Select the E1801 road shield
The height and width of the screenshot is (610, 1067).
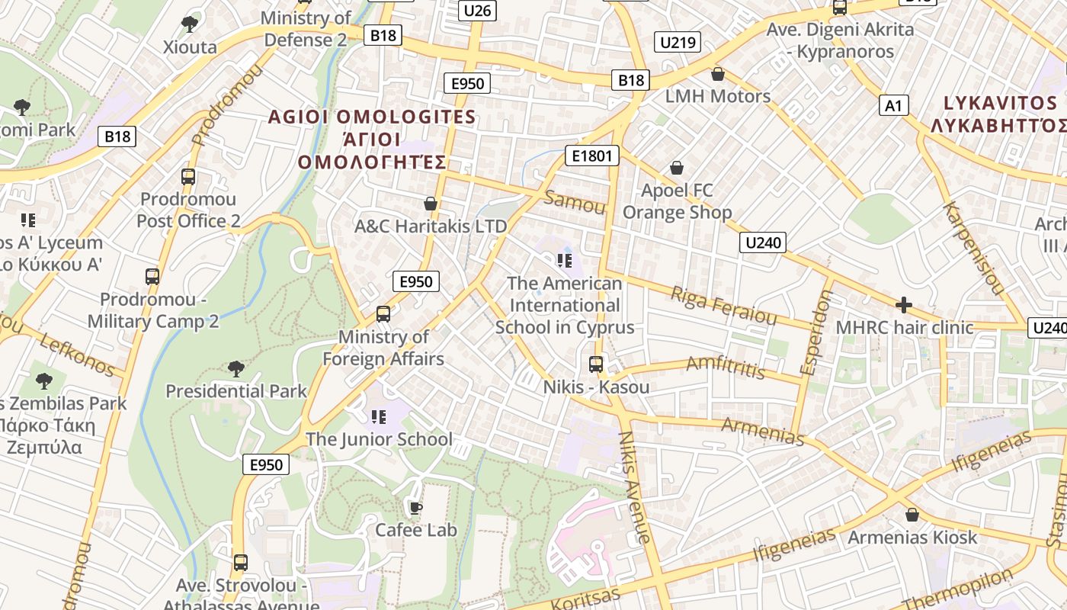click(591, 156)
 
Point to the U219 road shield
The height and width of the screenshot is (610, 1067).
click(678, 42)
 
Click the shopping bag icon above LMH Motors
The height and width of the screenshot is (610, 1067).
click(717, 74)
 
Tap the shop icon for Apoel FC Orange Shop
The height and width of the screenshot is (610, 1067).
click(676, 168)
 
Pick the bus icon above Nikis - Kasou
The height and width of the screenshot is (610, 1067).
click(596, 364)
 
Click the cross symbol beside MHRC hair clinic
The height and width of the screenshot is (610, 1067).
click(904, 306)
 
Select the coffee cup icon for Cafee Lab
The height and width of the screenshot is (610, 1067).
click(415, 508)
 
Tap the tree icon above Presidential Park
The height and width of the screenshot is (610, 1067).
click(236, 369)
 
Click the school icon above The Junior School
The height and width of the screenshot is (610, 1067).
click(379, 417)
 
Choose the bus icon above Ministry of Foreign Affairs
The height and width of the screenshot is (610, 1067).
click(383, 314)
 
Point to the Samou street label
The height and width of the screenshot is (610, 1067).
click(575, 204)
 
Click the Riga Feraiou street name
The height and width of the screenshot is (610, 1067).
click(723, 305)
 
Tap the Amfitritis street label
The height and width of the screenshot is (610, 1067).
click(726, 367)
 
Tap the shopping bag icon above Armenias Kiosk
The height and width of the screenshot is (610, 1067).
click(912, 515)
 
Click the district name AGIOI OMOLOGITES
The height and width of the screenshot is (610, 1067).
click(372, 117)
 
